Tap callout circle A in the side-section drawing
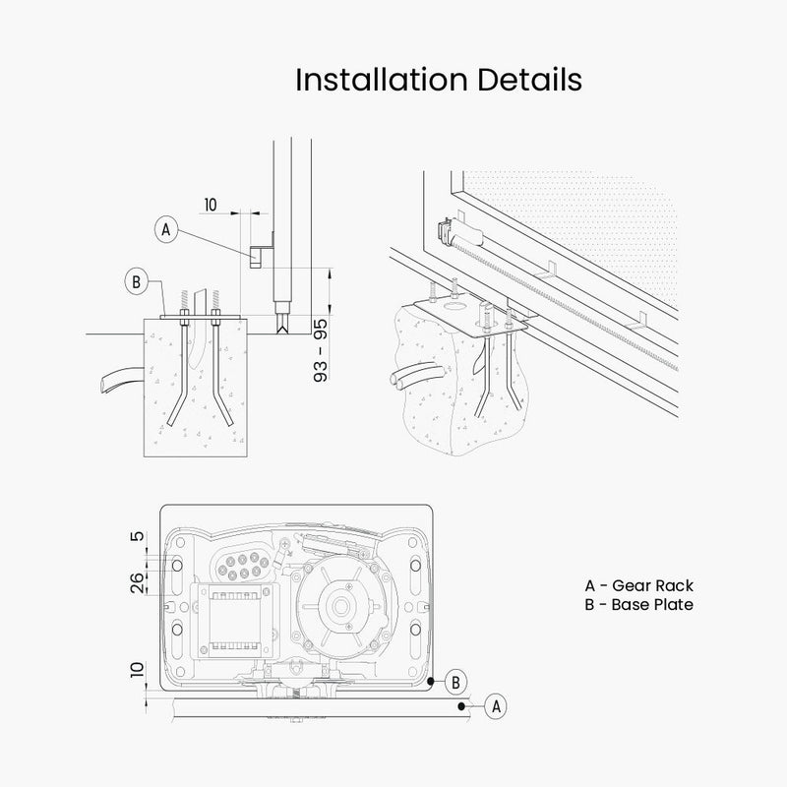pos(165,229)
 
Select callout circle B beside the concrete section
pos(137,282)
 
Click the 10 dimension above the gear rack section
pos(210,205)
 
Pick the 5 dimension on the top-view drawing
pos(139,538)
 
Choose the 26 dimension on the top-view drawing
pos(139,581)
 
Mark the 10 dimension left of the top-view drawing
pos(139,674)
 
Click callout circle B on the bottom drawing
pos(455,680)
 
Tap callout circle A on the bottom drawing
pos(498,704)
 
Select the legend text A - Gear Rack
pos(638,586)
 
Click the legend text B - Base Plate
pos(638,604)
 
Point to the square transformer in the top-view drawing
pos(237,617)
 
